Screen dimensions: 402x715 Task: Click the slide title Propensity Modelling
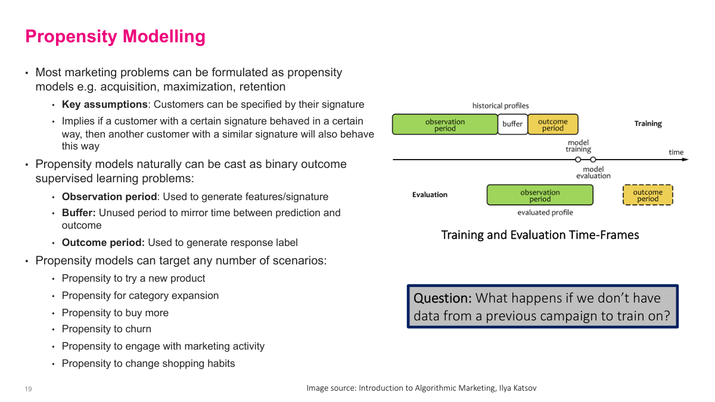[115, 36]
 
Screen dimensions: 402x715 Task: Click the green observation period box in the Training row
[444, 124]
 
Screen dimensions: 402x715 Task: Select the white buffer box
[512, 124]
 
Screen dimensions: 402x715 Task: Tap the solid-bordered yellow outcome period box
[552, 124]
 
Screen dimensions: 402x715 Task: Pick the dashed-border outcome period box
[648, 195]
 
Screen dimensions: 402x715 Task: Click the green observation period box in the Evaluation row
[540, 195]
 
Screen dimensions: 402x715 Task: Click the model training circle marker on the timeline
[578, 160]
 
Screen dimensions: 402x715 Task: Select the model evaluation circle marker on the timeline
[593, 160]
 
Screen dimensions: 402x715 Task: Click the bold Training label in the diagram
[648, 124]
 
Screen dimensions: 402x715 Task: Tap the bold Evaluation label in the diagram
[430, 195]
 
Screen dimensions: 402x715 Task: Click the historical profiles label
[500, 106]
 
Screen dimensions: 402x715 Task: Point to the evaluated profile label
[545, 213]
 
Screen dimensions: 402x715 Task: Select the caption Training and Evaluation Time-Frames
[540, 235]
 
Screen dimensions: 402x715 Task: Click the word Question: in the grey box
[442, 298]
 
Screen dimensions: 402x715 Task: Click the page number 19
[28, 389]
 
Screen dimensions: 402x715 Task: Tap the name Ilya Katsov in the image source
[520, 388]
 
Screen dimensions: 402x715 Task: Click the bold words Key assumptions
[104, 104]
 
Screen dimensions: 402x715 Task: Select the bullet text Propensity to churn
[107, 329]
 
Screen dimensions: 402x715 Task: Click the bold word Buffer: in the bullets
[79, 213]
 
